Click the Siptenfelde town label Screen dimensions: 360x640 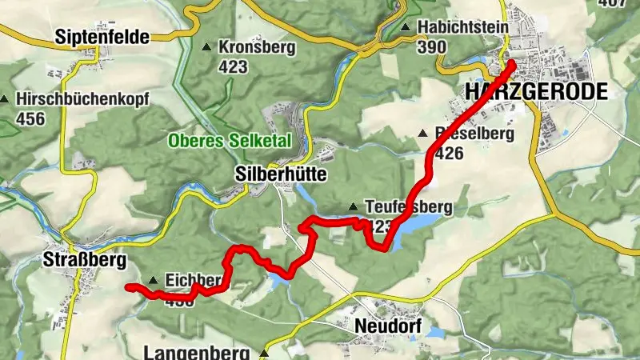(102, 35)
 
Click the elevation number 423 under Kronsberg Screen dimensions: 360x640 (232, 67)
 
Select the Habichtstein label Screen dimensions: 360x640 (462, 27)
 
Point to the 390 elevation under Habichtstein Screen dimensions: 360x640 (432, 46)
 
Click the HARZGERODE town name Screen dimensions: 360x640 (536, 91)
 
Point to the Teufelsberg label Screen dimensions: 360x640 (408, 207)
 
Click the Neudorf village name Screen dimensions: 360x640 (390, 329)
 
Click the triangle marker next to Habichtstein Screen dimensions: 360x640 (406, 28)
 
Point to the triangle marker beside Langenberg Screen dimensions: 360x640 (265, 352)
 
